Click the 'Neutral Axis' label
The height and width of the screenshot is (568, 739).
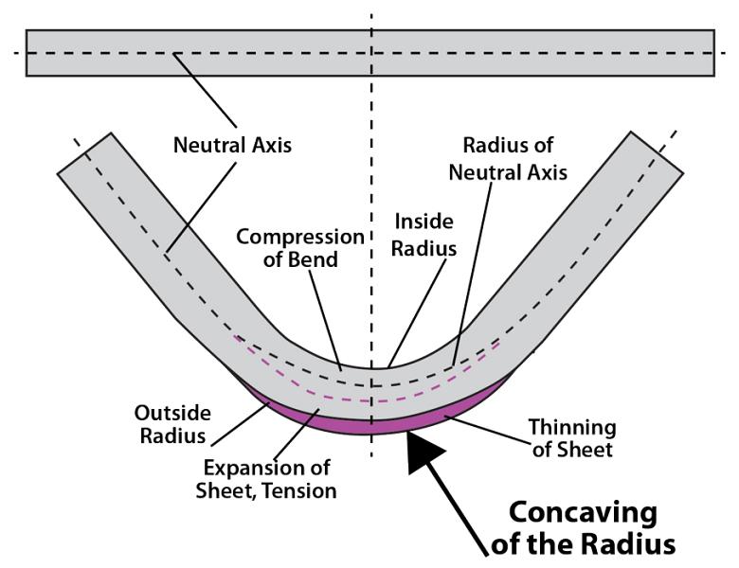(x=232, y=146)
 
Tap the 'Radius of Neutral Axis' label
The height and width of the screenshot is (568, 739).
(x=507, y=158)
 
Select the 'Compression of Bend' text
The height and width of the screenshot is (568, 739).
(x=300, y=247)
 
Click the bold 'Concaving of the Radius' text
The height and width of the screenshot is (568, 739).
(x=582, y=528)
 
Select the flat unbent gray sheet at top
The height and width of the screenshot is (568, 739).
(x=189, y=53)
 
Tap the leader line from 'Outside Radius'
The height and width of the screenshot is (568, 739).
(x=237, y=424)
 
